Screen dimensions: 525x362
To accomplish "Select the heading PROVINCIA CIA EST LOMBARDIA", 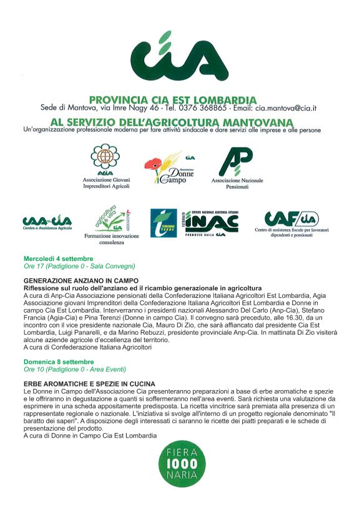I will (x=173, y=99).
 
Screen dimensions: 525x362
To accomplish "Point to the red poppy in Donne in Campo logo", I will (x=152, y=165).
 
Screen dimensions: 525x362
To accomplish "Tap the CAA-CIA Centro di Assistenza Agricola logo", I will (x=47, y=221).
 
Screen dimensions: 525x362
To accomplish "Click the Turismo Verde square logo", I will (x=164, y=223).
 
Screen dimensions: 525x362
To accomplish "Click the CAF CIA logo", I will (x=291, y=219).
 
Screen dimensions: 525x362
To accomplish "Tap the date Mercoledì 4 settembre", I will (x=58, y=258).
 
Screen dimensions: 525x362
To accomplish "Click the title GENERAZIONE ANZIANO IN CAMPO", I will (x=81, y=281).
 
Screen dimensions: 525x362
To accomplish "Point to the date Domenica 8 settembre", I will (x=59, y=361).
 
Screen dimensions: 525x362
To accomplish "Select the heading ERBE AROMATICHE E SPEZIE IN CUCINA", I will (x=89, y=383).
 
